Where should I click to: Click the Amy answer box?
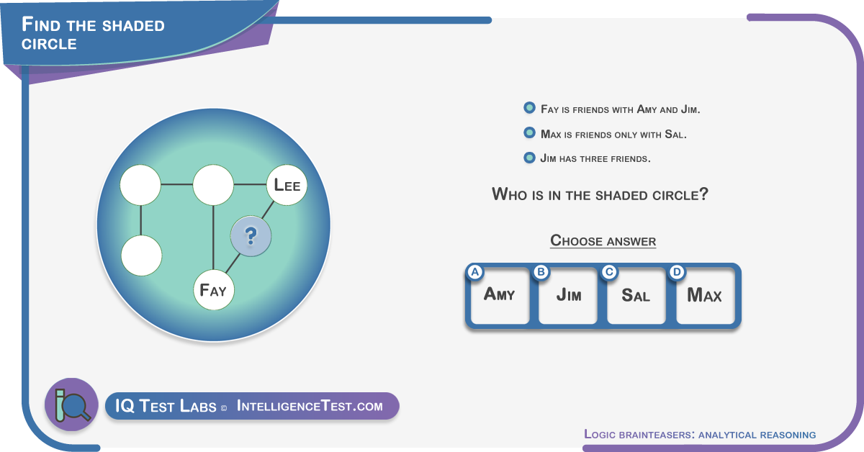[500, 295]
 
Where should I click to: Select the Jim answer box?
[568, 295]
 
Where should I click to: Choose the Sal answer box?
[636, 295]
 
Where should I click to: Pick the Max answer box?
[706, 295]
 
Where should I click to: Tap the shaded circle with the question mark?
[251, 236]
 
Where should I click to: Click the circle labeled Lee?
[287, 185]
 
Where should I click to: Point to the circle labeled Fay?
[214, 290]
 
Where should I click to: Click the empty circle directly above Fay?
[213, 185]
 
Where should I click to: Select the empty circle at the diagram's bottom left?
[142, 256]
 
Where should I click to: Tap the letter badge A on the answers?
[475, 272]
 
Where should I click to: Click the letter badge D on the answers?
[677, 272]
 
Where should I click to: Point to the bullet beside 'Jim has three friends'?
[530, 158]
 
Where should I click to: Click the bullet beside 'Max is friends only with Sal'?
[530, 133]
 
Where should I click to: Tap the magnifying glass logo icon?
[72, 404]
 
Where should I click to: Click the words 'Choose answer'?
[603, 241]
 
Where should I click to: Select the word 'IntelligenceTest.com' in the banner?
[310, 406]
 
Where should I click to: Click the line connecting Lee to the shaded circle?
[268, 211]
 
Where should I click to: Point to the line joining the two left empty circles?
[141, 220]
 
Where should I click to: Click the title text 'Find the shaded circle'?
[93, 33]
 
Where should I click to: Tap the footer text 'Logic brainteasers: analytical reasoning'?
[700, 434]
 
